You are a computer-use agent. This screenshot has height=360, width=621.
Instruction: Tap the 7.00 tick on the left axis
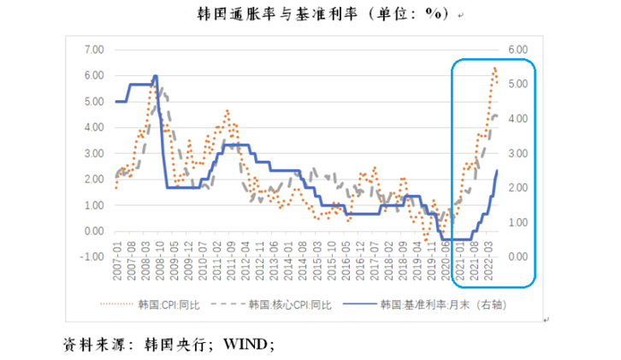[x=92, y=50]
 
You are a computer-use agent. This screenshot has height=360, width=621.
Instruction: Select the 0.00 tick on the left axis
[x=92, y=232]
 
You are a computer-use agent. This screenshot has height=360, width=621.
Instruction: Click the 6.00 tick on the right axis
[x=518, y=50]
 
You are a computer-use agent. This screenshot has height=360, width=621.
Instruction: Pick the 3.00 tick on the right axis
[x=518, y=153]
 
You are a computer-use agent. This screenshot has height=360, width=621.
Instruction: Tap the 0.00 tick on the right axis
[x=518, y=257]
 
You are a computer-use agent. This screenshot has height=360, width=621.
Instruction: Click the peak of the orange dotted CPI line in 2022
[x=494, y=68]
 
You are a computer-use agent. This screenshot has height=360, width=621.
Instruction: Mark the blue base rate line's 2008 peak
[x=155, y=75]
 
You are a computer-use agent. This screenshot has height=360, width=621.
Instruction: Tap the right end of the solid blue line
[x=498, y=171]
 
